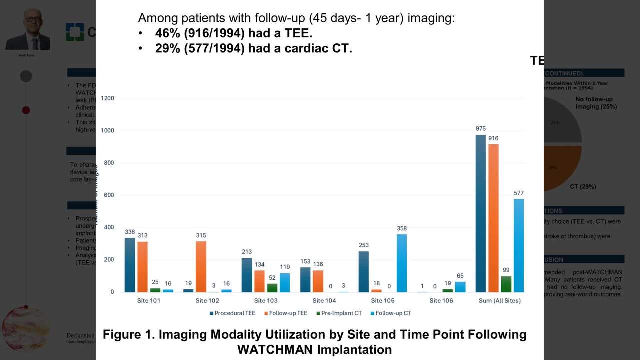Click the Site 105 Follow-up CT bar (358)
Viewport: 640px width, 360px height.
coord(402,263)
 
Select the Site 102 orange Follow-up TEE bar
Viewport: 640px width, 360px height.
coord(201,267)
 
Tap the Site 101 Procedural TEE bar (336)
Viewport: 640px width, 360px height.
coord(130,265)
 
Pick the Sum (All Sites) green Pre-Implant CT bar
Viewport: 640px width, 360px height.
coord(506,284)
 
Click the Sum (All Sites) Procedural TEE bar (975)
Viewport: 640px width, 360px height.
coord(481,213)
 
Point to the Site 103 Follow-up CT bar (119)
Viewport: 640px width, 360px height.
coord(285,282)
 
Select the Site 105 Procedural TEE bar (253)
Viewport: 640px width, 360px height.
coord(364,271)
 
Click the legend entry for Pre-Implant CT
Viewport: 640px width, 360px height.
coord(341,313)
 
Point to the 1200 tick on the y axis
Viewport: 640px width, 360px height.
coord(107,98)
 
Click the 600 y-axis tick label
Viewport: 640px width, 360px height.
coord(109,195)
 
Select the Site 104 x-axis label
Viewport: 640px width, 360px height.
coord(324,301)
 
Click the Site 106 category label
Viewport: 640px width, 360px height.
coord(441,301)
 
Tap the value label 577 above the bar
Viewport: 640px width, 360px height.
coord(519,193)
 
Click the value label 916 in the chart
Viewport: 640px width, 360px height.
coord(493,138)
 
